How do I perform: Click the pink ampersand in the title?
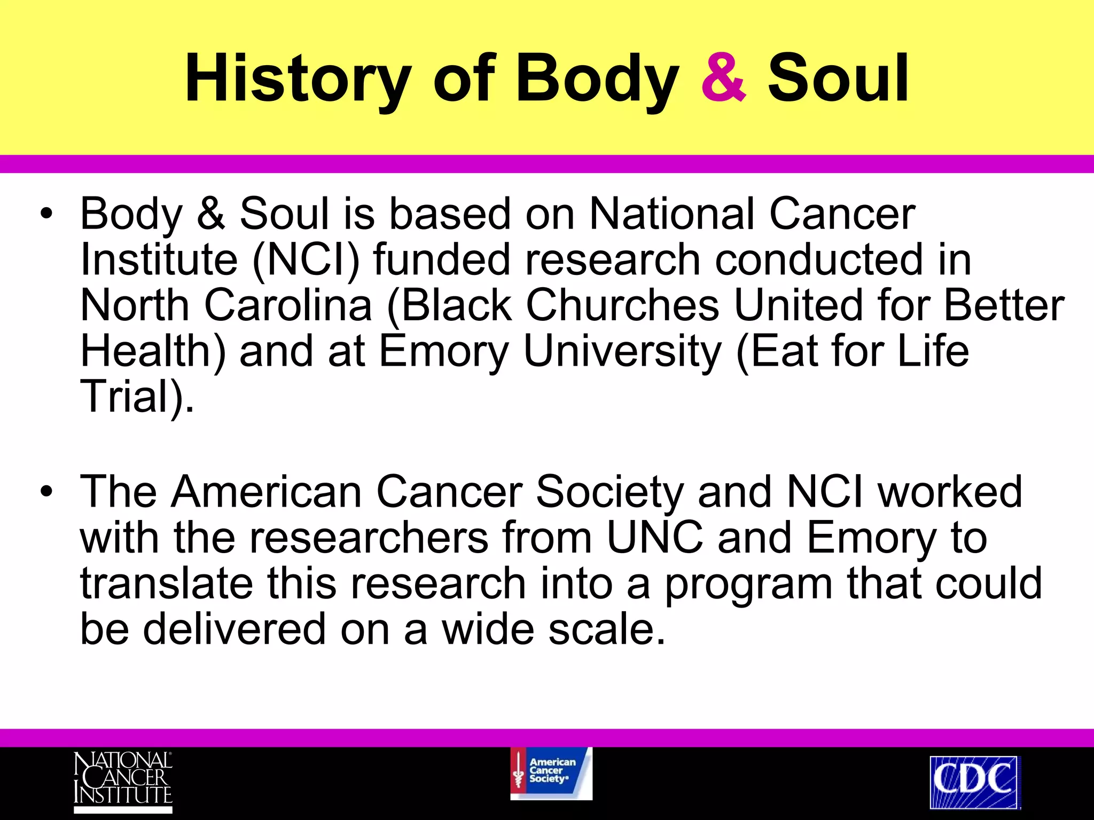pyautogui.click(x=723, y=79)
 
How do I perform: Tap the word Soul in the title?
pyautogui.click(x=838, y=79)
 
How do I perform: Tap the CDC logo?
pyautogui.click(x=974, y=781)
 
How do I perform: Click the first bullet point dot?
pyautogui.click(x=47, y=215)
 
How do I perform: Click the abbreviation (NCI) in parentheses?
pyautogui.click(x=306, y=260)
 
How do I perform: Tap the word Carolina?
pyautogui.click(x=288, y=305)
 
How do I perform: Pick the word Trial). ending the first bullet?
pyautogui.click(x=137, y=397)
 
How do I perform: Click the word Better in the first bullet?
pyautogui.click(x=1004, y=305)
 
